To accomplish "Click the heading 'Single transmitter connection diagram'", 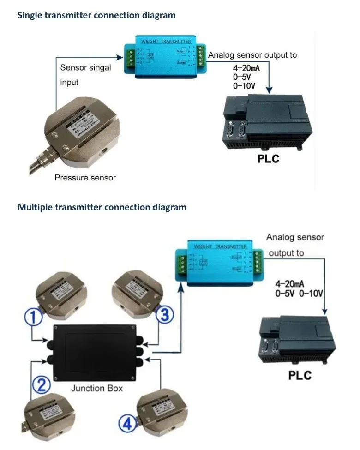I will click(x=96, y=15).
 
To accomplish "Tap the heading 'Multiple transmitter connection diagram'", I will click(x=102, y=207).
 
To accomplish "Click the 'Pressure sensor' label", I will click(x=85, y=178).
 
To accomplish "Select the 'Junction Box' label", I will click(x=97, y=388).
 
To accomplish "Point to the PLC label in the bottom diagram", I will click(x=300, y=374).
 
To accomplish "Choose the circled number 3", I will click(x=164, y=315).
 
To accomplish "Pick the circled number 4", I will click(x=127, y=423).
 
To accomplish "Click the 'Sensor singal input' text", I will click(x=86, y=75).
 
